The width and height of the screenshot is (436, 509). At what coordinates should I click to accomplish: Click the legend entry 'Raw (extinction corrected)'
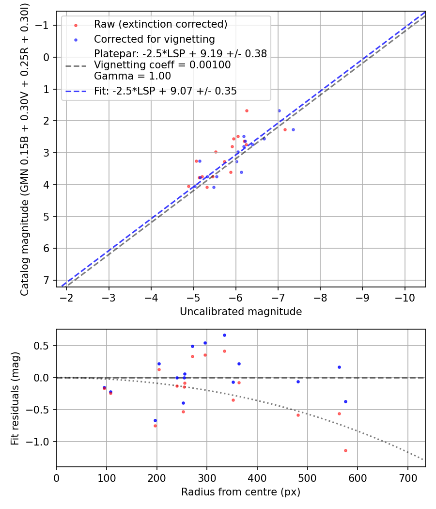(x=160, y=24)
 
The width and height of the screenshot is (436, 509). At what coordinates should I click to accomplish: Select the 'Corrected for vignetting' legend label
(x=154, y=39)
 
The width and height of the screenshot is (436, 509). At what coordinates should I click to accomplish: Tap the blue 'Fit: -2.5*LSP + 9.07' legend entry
(x=165, y=91)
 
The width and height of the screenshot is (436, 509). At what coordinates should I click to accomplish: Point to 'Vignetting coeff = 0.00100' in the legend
(x=162, y=65)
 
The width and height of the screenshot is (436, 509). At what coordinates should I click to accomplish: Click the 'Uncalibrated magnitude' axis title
(x=241, y=312)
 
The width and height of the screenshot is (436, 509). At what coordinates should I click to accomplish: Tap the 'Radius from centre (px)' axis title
(x=241, y=492)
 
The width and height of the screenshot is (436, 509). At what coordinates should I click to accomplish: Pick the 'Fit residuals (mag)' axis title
(x=15, y=398)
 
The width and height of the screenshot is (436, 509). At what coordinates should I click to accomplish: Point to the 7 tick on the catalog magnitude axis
(x=47, y=280)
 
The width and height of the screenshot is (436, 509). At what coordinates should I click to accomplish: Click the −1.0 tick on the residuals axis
(x=42, y=442)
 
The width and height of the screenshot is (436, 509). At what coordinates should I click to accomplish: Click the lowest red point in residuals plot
(x=345, y=450)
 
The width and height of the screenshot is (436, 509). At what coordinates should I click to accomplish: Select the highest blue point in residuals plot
(x=224, y=335)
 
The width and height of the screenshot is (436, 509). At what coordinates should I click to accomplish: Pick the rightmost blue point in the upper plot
(x=293, y=129)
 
